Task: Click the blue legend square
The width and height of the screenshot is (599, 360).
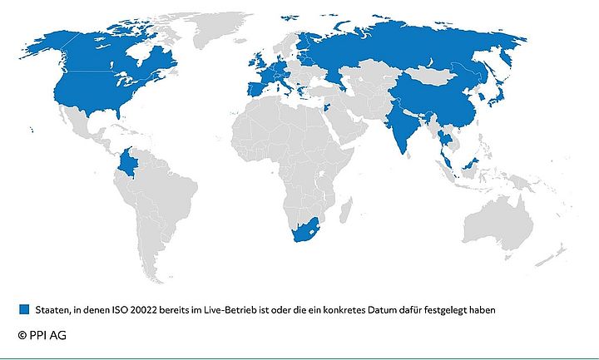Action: (23, 309)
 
